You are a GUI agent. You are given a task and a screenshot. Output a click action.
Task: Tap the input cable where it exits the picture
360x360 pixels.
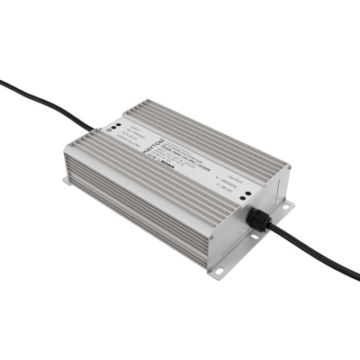tap(3, 82)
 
